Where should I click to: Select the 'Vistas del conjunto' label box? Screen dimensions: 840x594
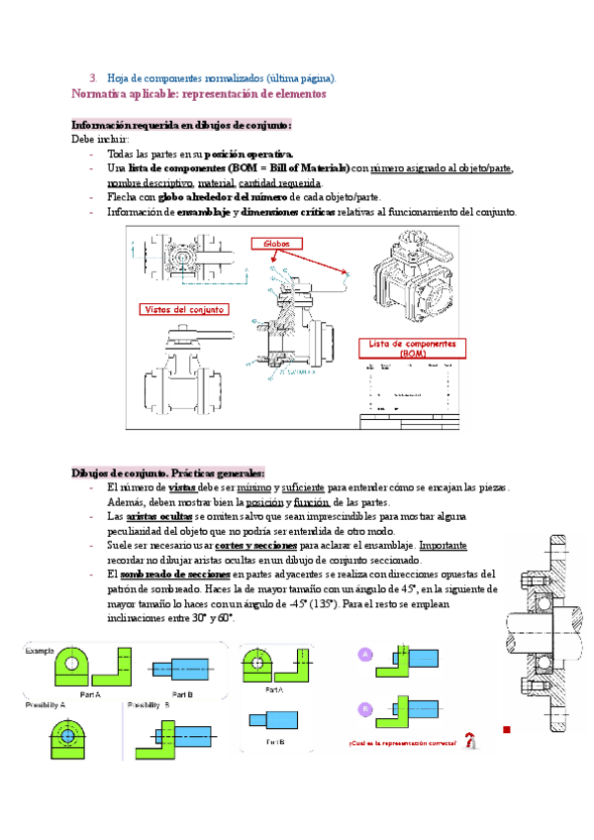pyautogui.click(x=185, y=309)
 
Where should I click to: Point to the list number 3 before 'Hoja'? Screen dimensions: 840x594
pyautogui.click(x=92, y=77)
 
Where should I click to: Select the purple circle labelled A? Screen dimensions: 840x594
pyautogui.click(x=365, y=655)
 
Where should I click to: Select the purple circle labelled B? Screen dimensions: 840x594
pyautogui.click(x=365, y=708)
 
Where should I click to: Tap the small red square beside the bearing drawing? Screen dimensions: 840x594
pyautogui.click(x=506, y=730)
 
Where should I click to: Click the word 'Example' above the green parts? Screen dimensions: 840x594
pyautogui.click(x=41, y=652)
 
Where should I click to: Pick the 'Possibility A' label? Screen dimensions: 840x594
pyautogui.click(x=46, y=705)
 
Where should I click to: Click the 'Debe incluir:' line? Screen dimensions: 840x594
pyautogui.click(x=99, y=140)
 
